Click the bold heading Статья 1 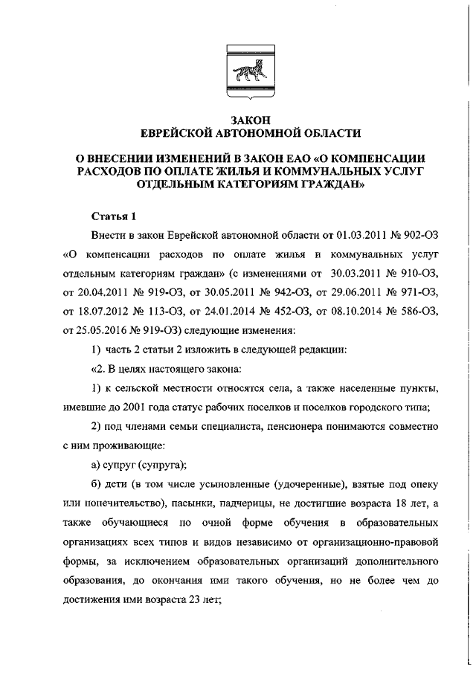point(114,217)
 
